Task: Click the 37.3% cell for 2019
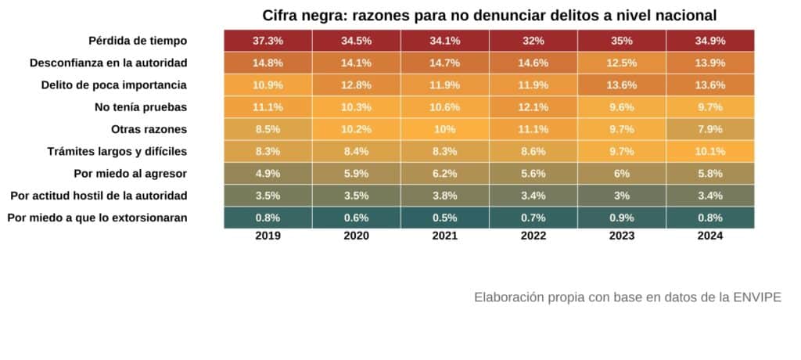[x=268, y=40]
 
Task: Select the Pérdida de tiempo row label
[x=138, y=40]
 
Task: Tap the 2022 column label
[x=533, y=236]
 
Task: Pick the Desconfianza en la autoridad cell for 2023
[x=622, y=62]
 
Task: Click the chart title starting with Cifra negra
[x=490, y=15]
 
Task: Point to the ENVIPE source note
[x=627, y=297]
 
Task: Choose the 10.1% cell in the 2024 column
[x=710, y=151]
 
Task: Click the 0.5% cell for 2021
[x=444, y=218]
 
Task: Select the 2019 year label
[x=268, y=236]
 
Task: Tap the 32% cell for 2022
[x=533, y=40]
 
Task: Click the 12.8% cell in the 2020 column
[x=356, y=85]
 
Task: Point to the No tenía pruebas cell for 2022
[x=533, y=106]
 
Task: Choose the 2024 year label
[x=710, y=236]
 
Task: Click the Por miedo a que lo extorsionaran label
[x=97, y=218]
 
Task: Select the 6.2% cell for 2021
[x=444, y=173]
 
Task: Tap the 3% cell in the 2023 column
[x=622, y=195]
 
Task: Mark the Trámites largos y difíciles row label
[x=117, y=151]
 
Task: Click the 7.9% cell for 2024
[x=710, y=128]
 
